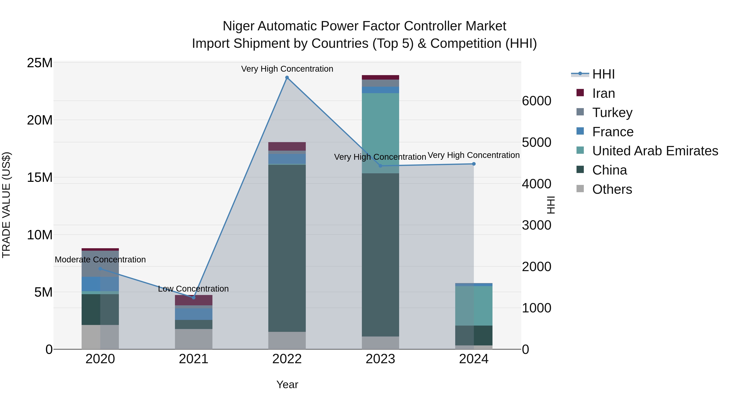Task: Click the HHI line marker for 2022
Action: (x=287, y=78)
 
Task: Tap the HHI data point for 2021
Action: (x=194, y=297)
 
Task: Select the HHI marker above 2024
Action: (x=474, y=164)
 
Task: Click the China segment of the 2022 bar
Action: (x=287, y=248)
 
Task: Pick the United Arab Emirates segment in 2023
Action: (x=380, y=133)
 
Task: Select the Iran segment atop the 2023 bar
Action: (x=380, y=77)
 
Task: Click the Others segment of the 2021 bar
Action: (x=194, y=339)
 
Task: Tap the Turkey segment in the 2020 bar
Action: (x=100, y=263)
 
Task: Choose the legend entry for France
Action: (x=613, y=132)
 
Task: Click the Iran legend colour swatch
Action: (x=580, y=93)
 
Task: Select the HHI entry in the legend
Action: (x=603, y=74)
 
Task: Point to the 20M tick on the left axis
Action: (x=40, y=120)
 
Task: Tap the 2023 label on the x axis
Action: (x=380, y=359)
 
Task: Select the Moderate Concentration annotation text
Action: (x=100, y=260)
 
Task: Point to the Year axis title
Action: (x=287, y=384)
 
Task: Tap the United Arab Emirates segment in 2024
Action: (x=474, y=306)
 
